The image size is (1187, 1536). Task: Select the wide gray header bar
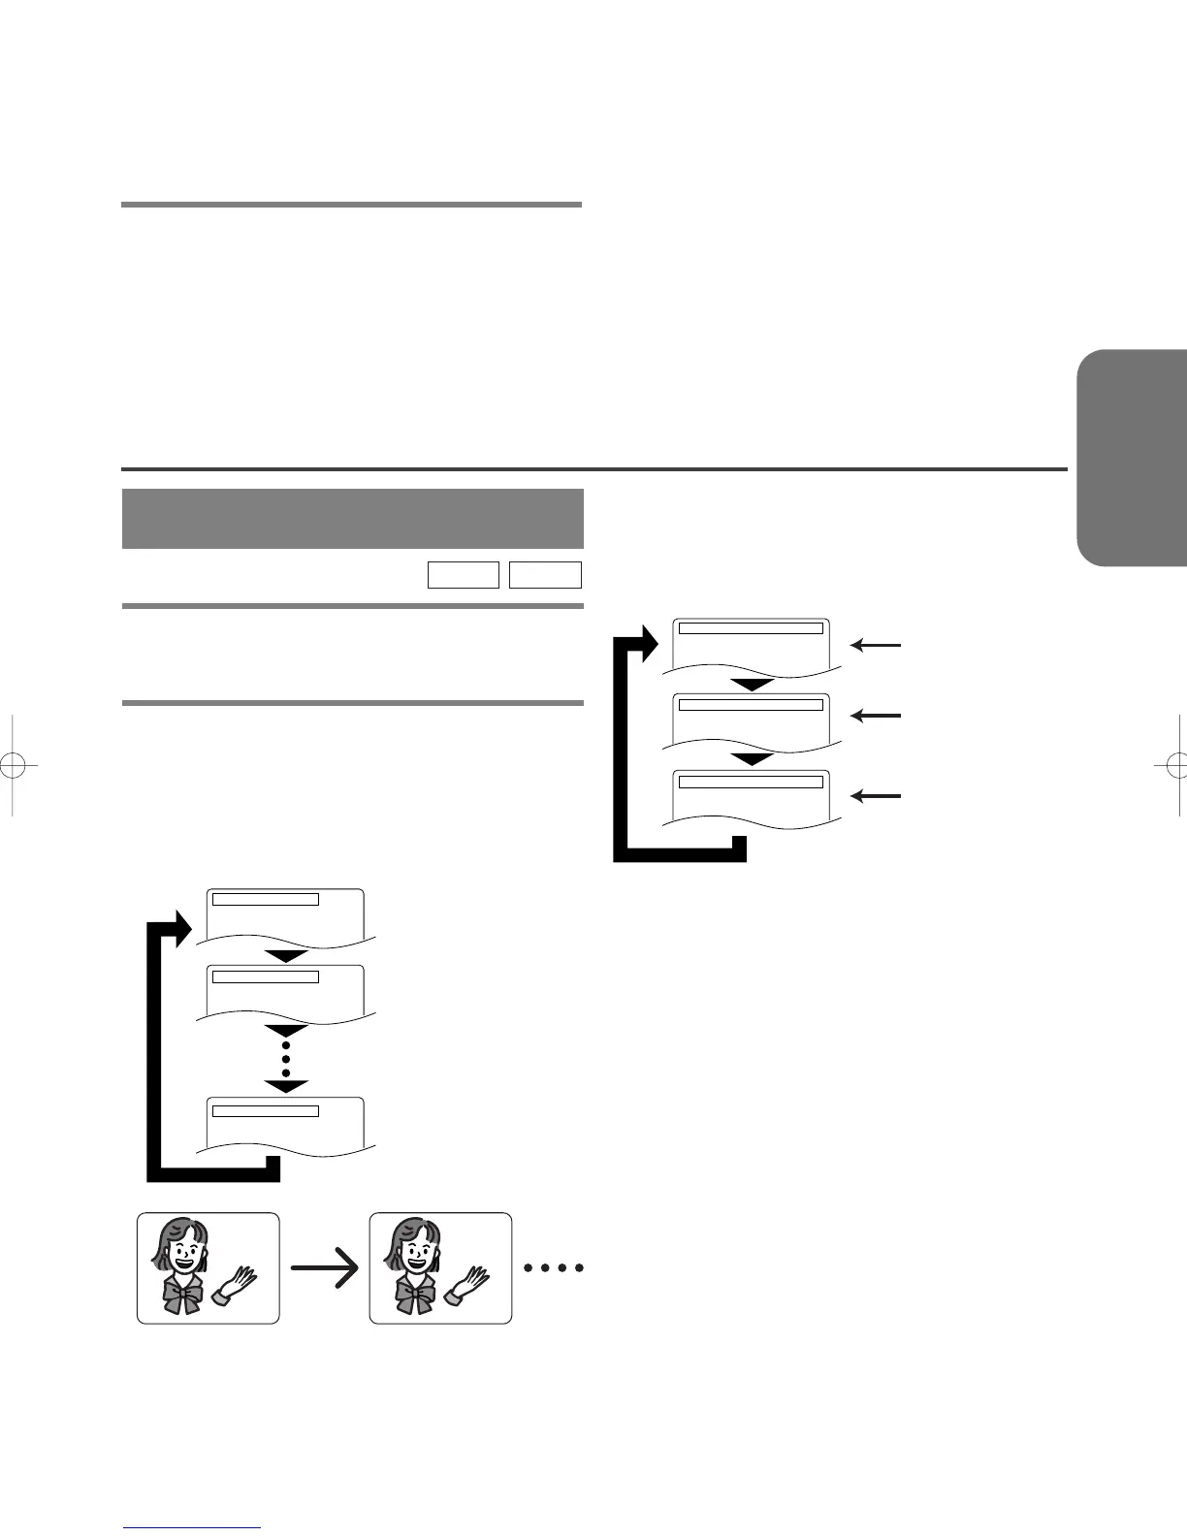(x=352, y=518)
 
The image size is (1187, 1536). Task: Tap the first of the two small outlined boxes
(x=463, y=575)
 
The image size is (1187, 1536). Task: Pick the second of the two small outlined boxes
(x=545, y=575)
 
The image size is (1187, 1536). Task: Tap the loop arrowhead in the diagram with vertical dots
(x=178, y=929)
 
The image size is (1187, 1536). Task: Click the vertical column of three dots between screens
(x=286, y=1060)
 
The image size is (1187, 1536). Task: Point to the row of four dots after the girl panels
(x=553, y=1267)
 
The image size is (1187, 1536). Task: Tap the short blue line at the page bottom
(x=192, y=1526)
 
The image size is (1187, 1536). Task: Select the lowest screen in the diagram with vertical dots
(x=286, y=1125)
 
